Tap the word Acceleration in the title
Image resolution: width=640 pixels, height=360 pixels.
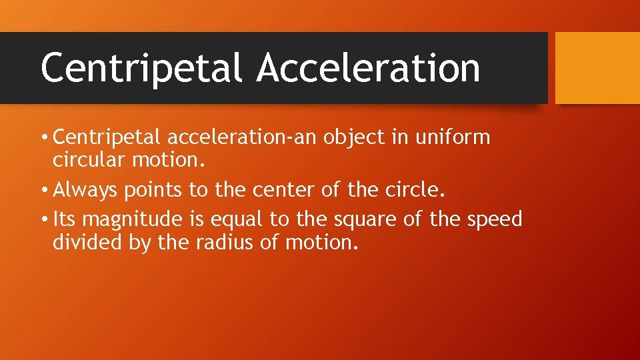369,68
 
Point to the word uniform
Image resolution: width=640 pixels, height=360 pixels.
453,138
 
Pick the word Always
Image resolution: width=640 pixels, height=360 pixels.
84,191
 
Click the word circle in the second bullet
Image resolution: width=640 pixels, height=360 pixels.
415,191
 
